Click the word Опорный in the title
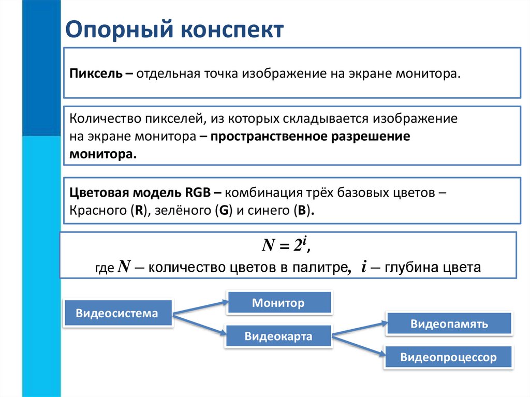click(120, 30)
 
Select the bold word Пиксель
click(96, 73)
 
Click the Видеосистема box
click(117, 313)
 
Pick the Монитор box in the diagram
click(278, 303)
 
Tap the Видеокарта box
click(278, 336)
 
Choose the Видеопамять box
click(449, 324)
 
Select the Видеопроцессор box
click(448, 357)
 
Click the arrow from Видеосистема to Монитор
click(200, 308)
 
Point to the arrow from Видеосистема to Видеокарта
click(199, 325)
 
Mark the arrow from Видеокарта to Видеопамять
click(360, 329)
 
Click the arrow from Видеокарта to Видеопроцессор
click(359, 345)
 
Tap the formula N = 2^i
click(286, 244)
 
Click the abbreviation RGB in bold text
click(198, 193)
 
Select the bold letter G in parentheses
click(224, 210)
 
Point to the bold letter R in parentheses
click(139, 210)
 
